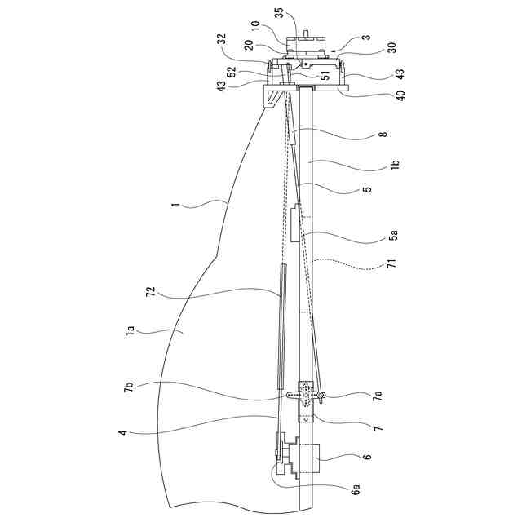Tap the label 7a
tap(378, 396)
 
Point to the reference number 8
tap(383, 134)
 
